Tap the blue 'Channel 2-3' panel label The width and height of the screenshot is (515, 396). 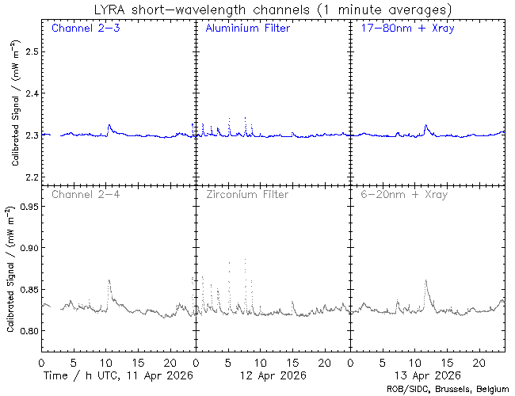(x=86, y=29)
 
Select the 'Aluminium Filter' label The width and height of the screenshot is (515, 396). (x=247, y=29)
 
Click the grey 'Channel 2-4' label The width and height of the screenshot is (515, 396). (x=86, y=194)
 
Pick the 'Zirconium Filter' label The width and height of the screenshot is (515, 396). (x=247, y=194)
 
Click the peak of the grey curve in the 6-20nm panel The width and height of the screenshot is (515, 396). (x=426, y=280)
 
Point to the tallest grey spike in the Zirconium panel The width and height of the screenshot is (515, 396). (x=245, y=259)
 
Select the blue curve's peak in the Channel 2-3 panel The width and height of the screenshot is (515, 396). (x=109, y=124)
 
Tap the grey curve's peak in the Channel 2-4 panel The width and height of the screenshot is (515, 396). (x=109, y=280)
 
